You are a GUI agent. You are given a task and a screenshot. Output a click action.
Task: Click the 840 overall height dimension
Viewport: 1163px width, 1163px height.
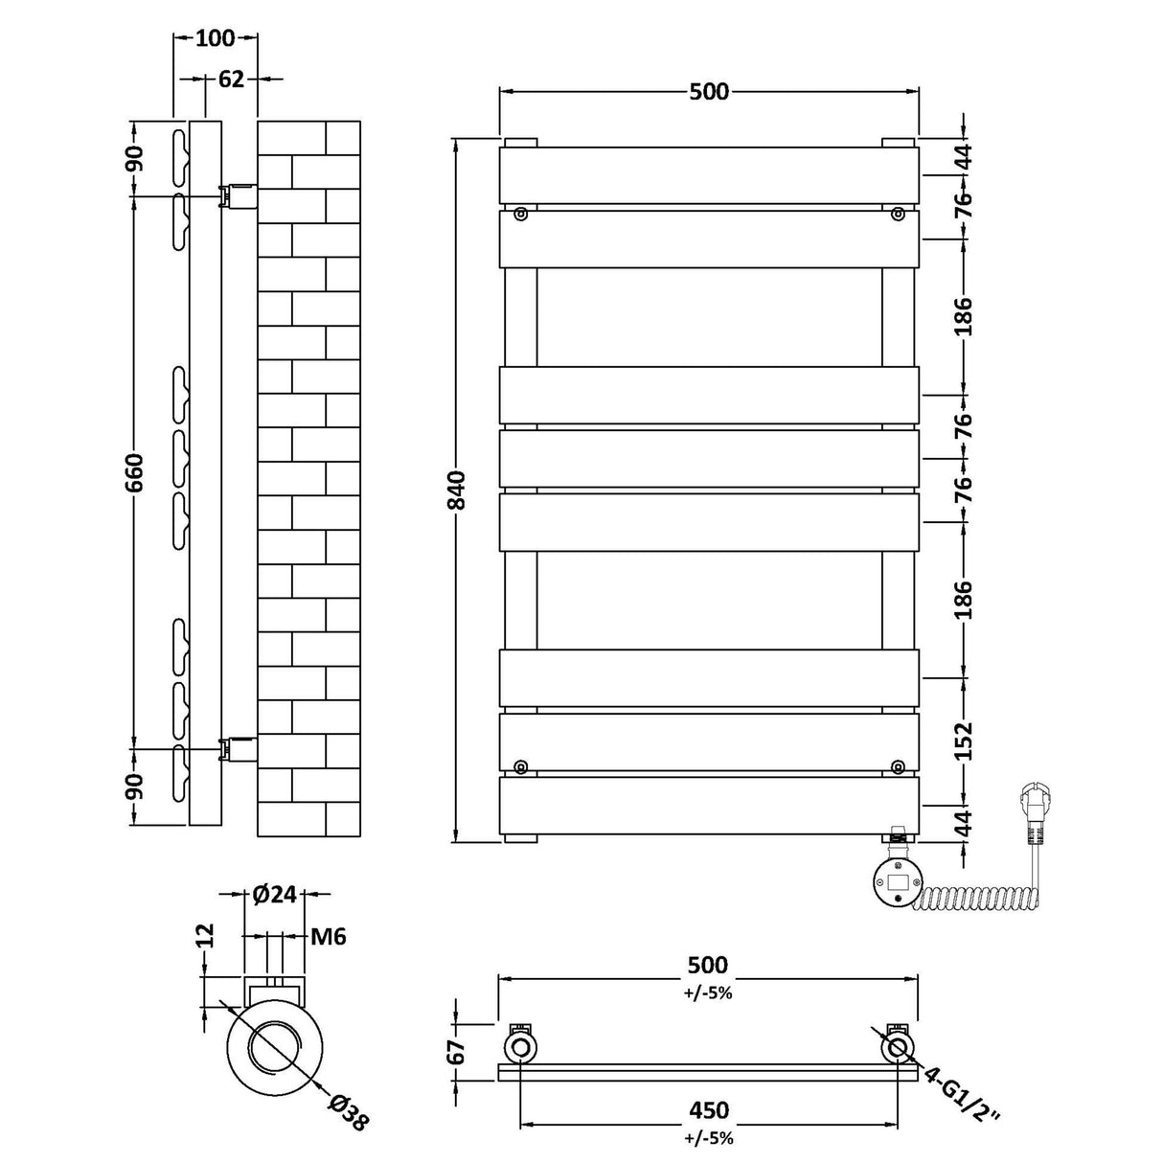tap(460, 490)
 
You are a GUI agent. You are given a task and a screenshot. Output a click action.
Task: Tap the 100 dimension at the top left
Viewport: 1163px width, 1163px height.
tap(216, 38)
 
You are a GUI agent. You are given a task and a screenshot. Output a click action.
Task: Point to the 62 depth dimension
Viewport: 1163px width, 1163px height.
tap(232, 80)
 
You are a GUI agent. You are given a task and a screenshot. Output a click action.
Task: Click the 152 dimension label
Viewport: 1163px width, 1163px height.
tap(963, 741)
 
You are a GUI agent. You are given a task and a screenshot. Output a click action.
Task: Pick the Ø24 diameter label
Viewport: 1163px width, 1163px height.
tap(274, 896)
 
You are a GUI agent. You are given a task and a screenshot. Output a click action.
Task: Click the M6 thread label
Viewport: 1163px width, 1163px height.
tap(327, 936)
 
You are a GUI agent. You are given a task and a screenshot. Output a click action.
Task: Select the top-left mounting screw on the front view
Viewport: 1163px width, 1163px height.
tap(520, 214)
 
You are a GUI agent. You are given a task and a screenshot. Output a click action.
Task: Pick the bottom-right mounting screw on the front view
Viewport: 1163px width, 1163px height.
tap(897, 765)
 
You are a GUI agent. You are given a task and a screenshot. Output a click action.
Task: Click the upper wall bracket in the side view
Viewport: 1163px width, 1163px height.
tap(238, 196)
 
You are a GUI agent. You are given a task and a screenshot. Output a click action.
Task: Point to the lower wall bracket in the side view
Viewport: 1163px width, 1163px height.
tap(238, 748)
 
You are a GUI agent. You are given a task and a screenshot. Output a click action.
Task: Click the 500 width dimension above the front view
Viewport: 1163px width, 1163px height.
tap(708, 92)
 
